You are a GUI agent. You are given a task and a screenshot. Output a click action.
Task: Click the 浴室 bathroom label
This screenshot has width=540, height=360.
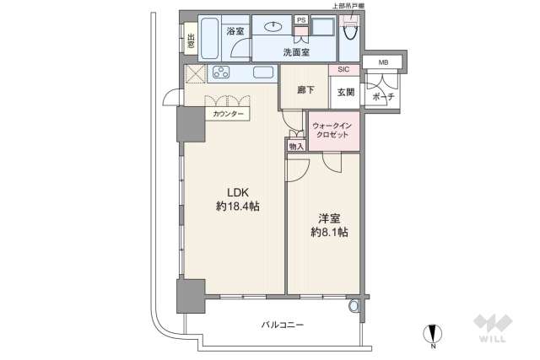pyautogui.click(x=236, y=31)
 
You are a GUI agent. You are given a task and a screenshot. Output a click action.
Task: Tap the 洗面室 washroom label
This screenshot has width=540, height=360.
pyautogui.click(x=295, y=52)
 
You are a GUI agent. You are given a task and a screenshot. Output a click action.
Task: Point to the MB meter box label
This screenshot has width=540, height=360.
pyautogui.click(x=384, y=62)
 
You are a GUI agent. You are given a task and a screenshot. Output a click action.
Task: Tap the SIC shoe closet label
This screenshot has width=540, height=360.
pyautogui.click(x=344, y=70)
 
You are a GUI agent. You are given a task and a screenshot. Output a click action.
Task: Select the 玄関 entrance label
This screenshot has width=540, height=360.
pyautogui.click(x=346, y=92)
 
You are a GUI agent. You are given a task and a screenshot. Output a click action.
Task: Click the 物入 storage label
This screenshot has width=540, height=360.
pyautogui.click(x=295, y=147)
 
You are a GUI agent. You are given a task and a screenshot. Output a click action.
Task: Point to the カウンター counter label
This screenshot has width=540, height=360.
pyautogui.click(x=228, y=113)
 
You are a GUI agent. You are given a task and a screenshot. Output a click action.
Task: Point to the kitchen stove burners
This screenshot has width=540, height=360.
pyautogui.click(x=223, y=72)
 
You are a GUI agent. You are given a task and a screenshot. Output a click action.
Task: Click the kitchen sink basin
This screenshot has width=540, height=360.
pyautogui.click(x=262, y=73)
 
